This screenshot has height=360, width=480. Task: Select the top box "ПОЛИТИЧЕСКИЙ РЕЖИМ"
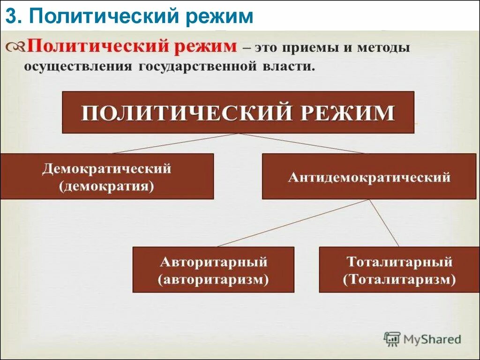click(238, 112)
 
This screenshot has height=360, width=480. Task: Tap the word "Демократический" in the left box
click(107, 169)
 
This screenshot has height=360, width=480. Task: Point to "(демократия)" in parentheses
click(107, 186)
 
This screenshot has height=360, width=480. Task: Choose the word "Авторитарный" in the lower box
click(213, 262)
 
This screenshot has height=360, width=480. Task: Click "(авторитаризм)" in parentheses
click(213, 280)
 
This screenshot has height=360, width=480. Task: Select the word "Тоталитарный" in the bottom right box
click(400, 262)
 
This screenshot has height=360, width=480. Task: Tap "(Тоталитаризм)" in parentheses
click(400, 280)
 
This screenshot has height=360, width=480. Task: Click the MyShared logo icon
click(392, 338)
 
